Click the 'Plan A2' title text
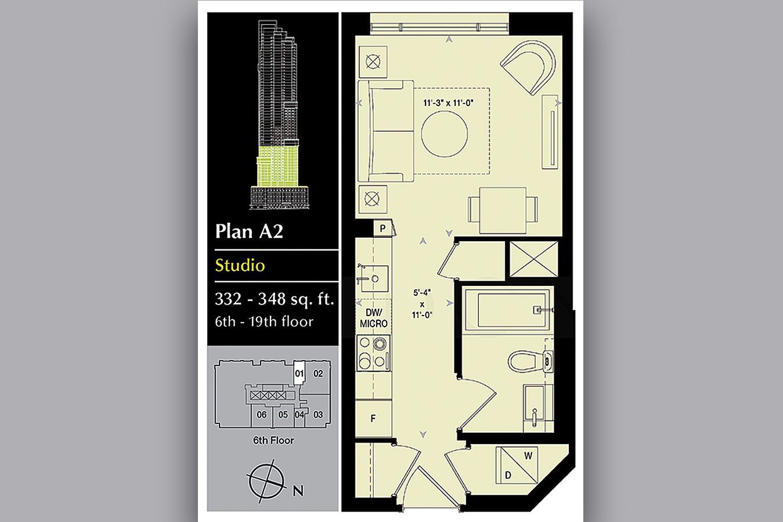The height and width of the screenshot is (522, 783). [249, 231]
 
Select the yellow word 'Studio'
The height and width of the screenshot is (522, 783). [240, 266]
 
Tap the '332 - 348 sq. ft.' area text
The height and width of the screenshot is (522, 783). [275, 299]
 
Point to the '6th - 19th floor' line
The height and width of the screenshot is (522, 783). [264, 322]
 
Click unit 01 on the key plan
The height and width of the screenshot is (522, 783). [300, 373]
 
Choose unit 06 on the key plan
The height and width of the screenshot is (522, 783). [261, 415]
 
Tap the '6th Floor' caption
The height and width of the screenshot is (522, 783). [273, 440]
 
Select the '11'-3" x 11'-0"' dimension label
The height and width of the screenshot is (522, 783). [448, 103]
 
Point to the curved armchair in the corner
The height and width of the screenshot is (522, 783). [529, 67]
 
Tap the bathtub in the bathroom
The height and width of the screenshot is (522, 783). [508, 310]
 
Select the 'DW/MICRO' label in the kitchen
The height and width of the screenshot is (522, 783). [374, 318]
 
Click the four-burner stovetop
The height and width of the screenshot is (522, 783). [373, 353]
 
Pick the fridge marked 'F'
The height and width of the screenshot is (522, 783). [373, 418]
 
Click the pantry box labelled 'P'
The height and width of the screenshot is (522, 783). [383, 229]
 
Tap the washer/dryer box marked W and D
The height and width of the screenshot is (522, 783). [517, 465]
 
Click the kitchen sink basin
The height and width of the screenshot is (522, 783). [375, 279]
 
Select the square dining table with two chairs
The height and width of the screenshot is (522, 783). [503, 210]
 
